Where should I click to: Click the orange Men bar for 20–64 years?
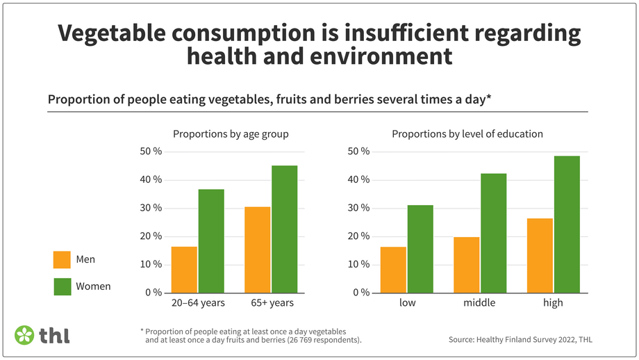tap(184, 270)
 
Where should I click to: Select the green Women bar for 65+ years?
tap(284, 229)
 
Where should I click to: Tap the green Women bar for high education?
tap(567, 224)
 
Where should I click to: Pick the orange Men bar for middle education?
tap(467, 265)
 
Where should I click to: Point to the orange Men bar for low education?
tap(393, 270)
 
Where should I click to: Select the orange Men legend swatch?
tap(62, 260)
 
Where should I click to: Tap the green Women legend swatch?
tap(62, 286)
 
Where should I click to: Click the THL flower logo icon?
tap(24, 334)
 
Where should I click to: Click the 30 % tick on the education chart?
tap(359, 208)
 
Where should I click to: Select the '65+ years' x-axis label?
tap(271, 303)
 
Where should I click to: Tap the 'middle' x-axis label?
tap(480, 303)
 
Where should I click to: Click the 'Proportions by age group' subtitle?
tap(231, 133)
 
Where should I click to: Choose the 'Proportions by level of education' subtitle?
tap(467, 133)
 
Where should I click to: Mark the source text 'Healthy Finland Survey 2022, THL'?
tap(534, 339)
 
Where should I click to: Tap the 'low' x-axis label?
tap(407, 303)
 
